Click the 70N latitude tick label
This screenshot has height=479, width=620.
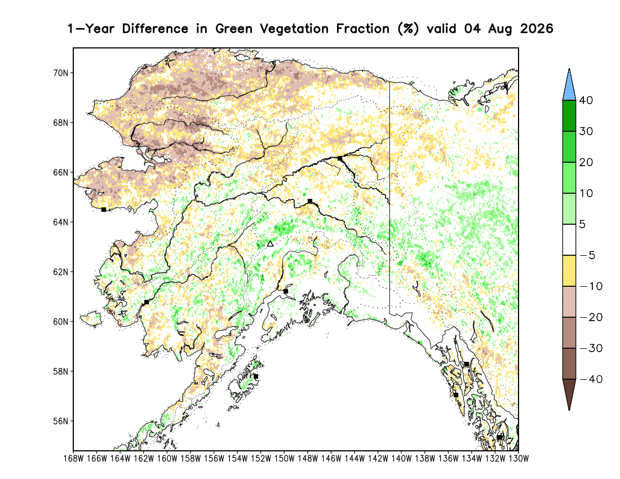(x=60, y=73)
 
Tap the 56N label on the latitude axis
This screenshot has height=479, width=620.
(x=60, y=422)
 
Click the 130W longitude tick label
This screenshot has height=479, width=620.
(x=519, y=459)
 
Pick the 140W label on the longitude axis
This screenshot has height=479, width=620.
(x=401, y=459)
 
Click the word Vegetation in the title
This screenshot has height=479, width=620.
(x=294, y=29)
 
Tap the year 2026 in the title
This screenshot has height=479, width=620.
(x=537, y=29)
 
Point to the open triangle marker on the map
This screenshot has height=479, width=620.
(x=270, y=244)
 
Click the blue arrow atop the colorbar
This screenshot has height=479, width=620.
(x=569, y=85)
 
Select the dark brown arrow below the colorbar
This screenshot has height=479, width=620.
(x=569, y=394)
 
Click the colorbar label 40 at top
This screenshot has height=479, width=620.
(x=586, y=100)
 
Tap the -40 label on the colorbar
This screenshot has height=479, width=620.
(x=590, y=379)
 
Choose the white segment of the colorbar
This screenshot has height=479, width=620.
(x=569, y=240)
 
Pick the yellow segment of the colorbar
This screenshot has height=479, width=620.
(x=569, y=270)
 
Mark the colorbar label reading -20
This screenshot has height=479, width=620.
(x=590, y=317)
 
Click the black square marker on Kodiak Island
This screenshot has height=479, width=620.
(x=256, y=376)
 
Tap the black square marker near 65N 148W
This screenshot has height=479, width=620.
(x=310, y=201)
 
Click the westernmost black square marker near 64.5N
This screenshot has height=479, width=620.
(x=104, y=210)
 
